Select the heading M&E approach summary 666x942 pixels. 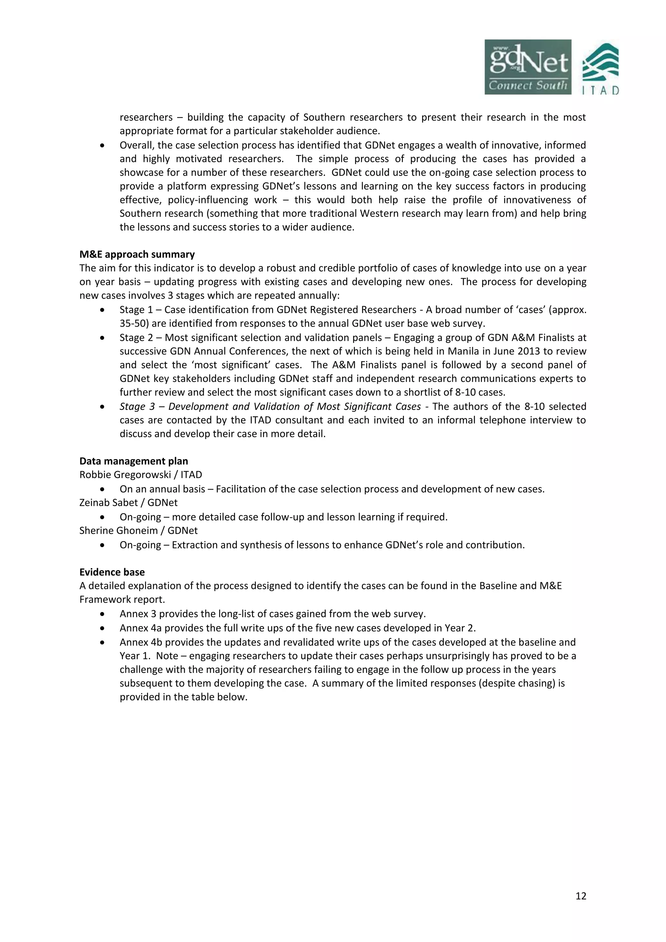tap(137, 255)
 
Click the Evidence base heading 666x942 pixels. tap(112, 572)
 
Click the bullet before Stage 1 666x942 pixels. tap(102, 310)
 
